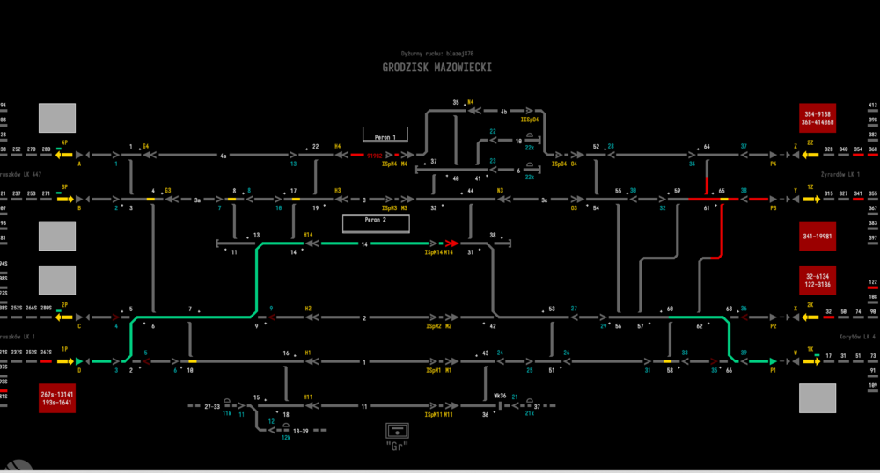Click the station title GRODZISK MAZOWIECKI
tap(436, 68)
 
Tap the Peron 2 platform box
tap(377, 220)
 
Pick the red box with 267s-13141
tap(57, 397)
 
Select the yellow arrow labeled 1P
tap(64, 360)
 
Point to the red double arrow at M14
tap(451, 243)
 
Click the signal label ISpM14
tap(432, 252)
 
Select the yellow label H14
tap(308, 235)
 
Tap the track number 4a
tap(224, 156)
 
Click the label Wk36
tap(499, 396)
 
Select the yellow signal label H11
tap(308, 397)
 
